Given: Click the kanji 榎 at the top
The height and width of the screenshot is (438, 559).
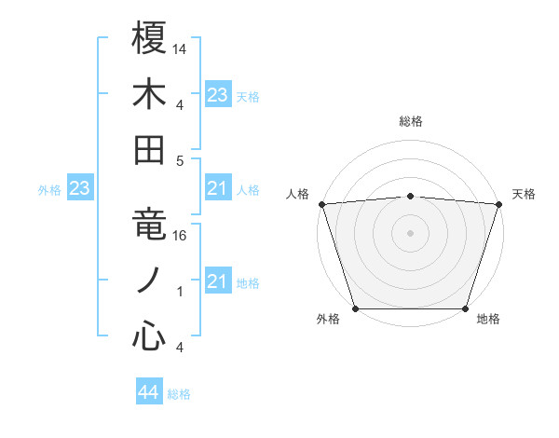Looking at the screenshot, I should pos(150,38).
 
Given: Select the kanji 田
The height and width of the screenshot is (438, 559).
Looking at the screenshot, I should pos(150,149).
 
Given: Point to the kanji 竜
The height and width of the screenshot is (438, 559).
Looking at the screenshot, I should pos(150,225).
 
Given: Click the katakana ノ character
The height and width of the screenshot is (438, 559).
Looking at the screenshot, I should pos(150,280).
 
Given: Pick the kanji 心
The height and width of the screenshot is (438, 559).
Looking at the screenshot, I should pos(150,335).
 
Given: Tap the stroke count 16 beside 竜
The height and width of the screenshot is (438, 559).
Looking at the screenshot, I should pos(181,236).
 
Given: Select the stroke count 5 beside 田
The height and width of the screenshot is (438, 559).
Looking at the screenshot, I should pos(180,159).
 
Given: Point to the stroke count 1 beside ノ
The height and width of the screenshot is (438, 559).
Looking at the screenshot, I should pos(180,291).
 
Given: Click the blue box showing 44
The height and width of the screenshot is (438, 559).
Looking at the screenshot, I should pos(149,392).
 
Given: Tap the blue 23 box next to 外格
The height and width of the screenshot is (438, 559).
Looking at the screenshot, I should pos(79,189).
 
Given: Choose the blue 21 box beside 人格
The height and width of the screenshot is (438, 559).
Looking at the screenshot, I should pos(217,189).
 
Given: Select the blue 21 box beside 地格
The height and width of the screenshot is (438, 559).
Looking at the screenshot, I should pos(217,281).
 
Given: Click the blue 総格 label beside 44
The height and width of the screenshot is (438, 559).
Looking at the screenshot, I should pos(179,394).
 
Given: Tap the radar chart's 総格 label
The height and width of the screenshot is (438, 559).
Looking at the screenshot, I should pos(410,121).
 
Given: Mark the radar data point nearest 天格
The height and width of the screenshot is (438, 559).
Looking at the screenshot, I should pos(498,204).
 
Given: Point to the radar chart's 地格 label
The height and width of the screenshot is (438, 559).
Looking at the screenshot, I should pos(488,320).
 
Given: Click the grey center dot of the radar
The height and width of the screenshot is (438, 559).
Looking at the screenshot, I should pos(410,233).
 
